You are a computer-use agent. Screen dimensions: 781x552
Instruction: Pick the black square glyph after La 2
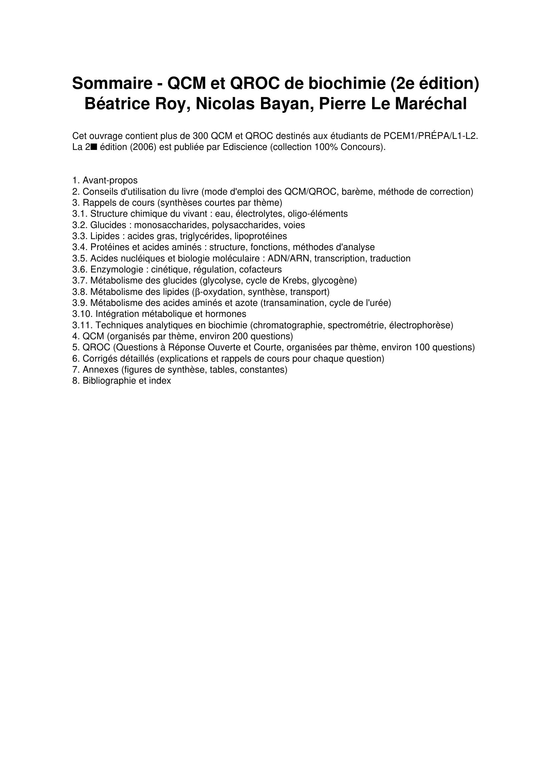click(94, 147)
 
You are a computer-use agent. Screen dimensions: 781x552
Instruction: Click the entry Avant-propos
click(110, 180)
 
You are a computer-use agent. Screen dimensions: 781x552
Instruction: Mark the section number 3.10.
click(82, 314)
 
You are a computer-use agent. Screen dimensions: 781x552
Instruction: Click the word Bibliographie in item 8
click(109, 381)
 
